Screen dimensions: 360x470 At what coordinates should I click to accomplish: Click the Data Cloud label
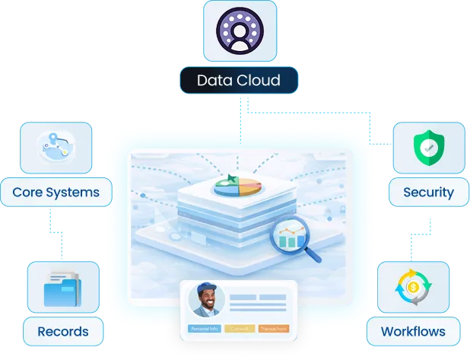coord(238,80)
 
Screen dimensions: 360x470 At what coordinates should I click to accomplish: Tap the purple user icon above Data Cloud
coord(239,33)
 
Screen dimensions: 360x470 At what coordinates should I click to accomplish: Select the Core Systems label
coord(56,192)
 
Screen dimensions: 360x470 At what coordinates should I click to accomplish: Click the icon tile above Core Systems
coord(56,147)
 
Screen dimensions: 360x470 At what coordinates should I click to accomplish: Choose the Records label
coord(63,331)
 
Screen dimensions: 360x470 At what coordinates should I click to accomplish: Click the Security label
coord(428,192)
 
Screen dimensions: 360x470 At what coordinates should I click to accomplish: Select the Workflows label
coord(413,331)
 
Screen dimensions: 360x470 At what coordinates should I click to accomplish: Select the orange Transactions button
coord(272,329)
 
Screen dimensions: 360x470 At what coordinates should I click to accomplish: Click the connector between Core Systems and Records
coord(52,233)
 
